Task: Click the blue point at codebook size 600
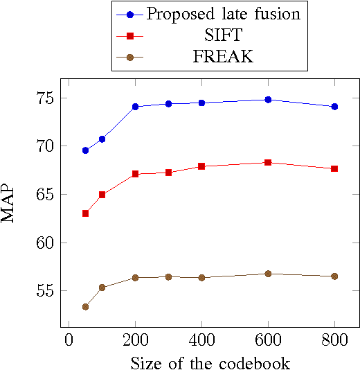pos(268,100)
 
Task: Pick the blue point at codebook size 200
pos(135,107)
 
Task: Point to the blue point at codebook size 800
pos(334,107)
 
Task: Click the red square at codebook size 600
pos(268,162)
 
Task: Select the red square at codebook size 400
pos(201,166)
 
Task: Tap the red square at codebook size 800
pos(334,168)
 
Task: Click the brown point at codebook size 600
pos(268,274)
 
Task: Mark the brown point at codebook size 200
pos(135,278)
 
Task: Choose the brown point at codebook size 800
pos(334,276)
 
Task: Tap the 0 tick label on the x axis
pos(69,340)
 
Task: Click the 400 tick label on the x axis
pos(201,340)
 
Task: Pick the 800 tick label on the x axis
pos(334,340)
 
